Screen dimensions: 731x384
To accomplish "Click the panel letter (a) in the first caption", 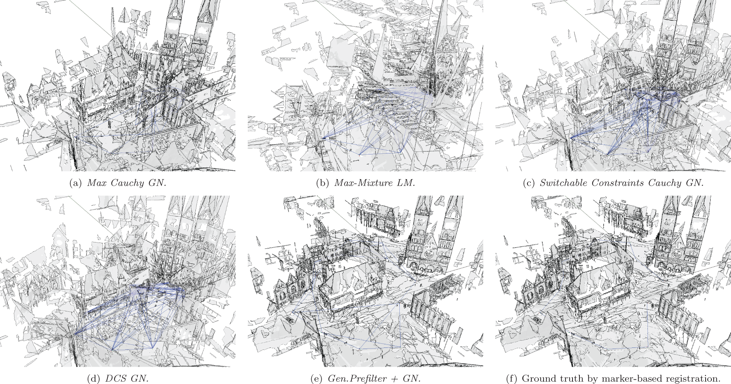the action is (x=75, y=183).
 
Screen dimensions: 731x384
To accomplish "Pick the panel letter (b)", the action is (x=323, y=183).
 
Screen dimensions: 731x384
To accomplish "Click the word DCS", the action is (x=115, y=378).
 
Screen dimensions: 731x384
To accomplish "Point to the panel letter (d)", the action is (x=94, y=378).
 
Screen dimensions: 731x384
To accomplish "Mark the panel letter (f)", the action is (x=511, y=378).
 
